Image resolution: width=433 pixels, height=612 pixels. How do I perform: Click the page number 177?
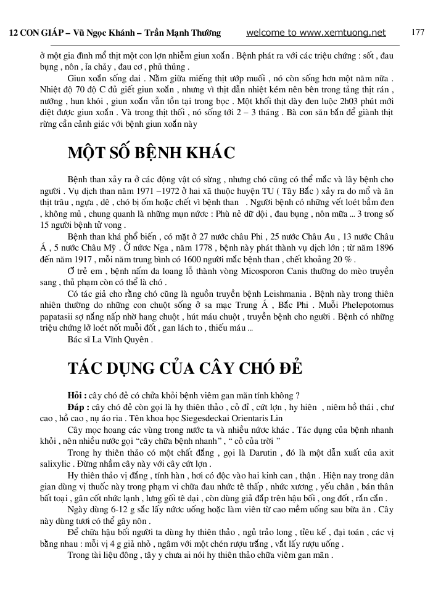418,32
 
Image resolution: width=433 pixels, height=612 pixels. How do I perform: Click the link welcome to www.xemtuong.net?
315,33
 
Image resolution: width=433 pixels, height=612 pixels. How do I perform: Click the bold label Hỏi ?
77,395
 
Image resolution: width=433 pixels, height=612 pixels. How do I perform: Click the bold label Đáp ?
78,407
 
